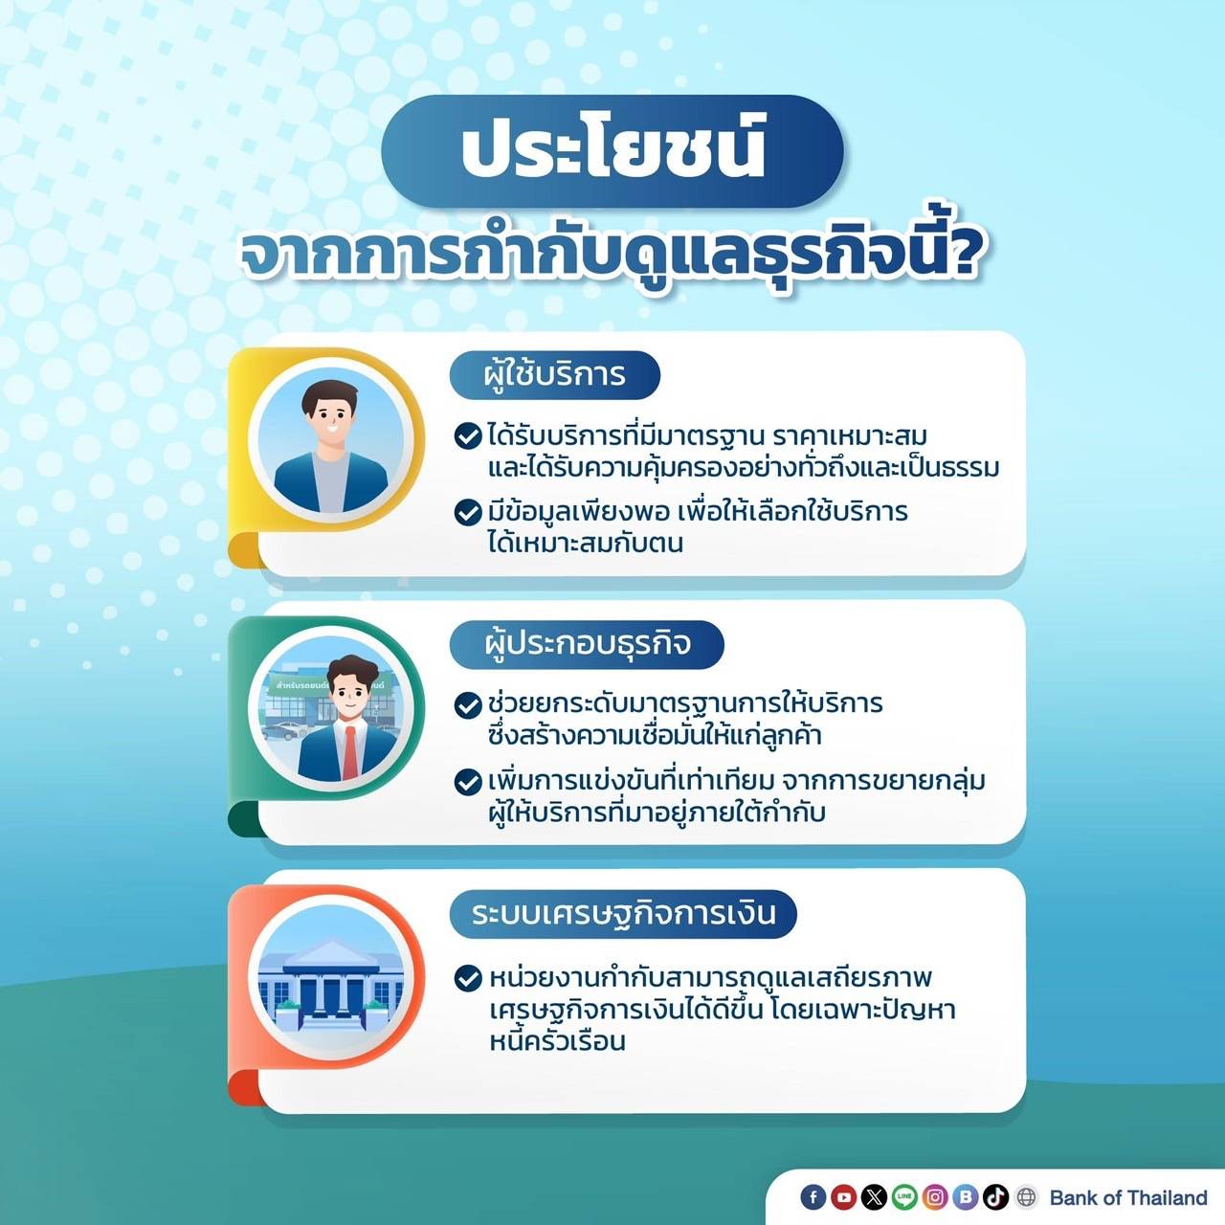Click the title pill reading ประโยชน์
click(x=612, y=150)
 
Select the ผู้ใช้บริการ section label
click(x=554, y=375)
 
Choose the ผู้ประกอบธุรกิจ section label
click(x=586, y=645)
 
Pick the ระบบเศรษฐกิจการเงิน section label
click(x=622, y=914)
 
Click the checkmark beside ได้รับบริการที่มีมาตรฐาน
click(x=468, y=436)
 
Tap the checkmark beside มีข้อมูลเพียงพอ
click(x=468, y=512)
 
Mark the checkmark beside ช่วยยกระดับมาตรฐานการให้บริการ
click(x=468, y=705)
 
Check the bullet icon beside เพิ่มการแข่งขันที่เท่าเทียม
click(x=468, y=782)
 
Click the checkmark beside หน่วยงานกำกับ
click(x=468, y=978)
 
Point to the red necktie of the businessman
click(x=350, y=752)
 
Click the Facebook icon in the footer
click(x=813, y=1197)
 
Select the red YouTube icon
click(x=843, y=1197)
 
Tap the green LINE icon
click(x=904, y=1197)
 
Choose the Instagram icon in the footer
click(x=935, y=1197)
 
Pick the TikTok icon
click(x=995, y=1197)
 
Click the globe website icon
click(x=1026, y=1197)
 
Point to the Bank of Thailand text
click(x=1128, y=1197)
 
